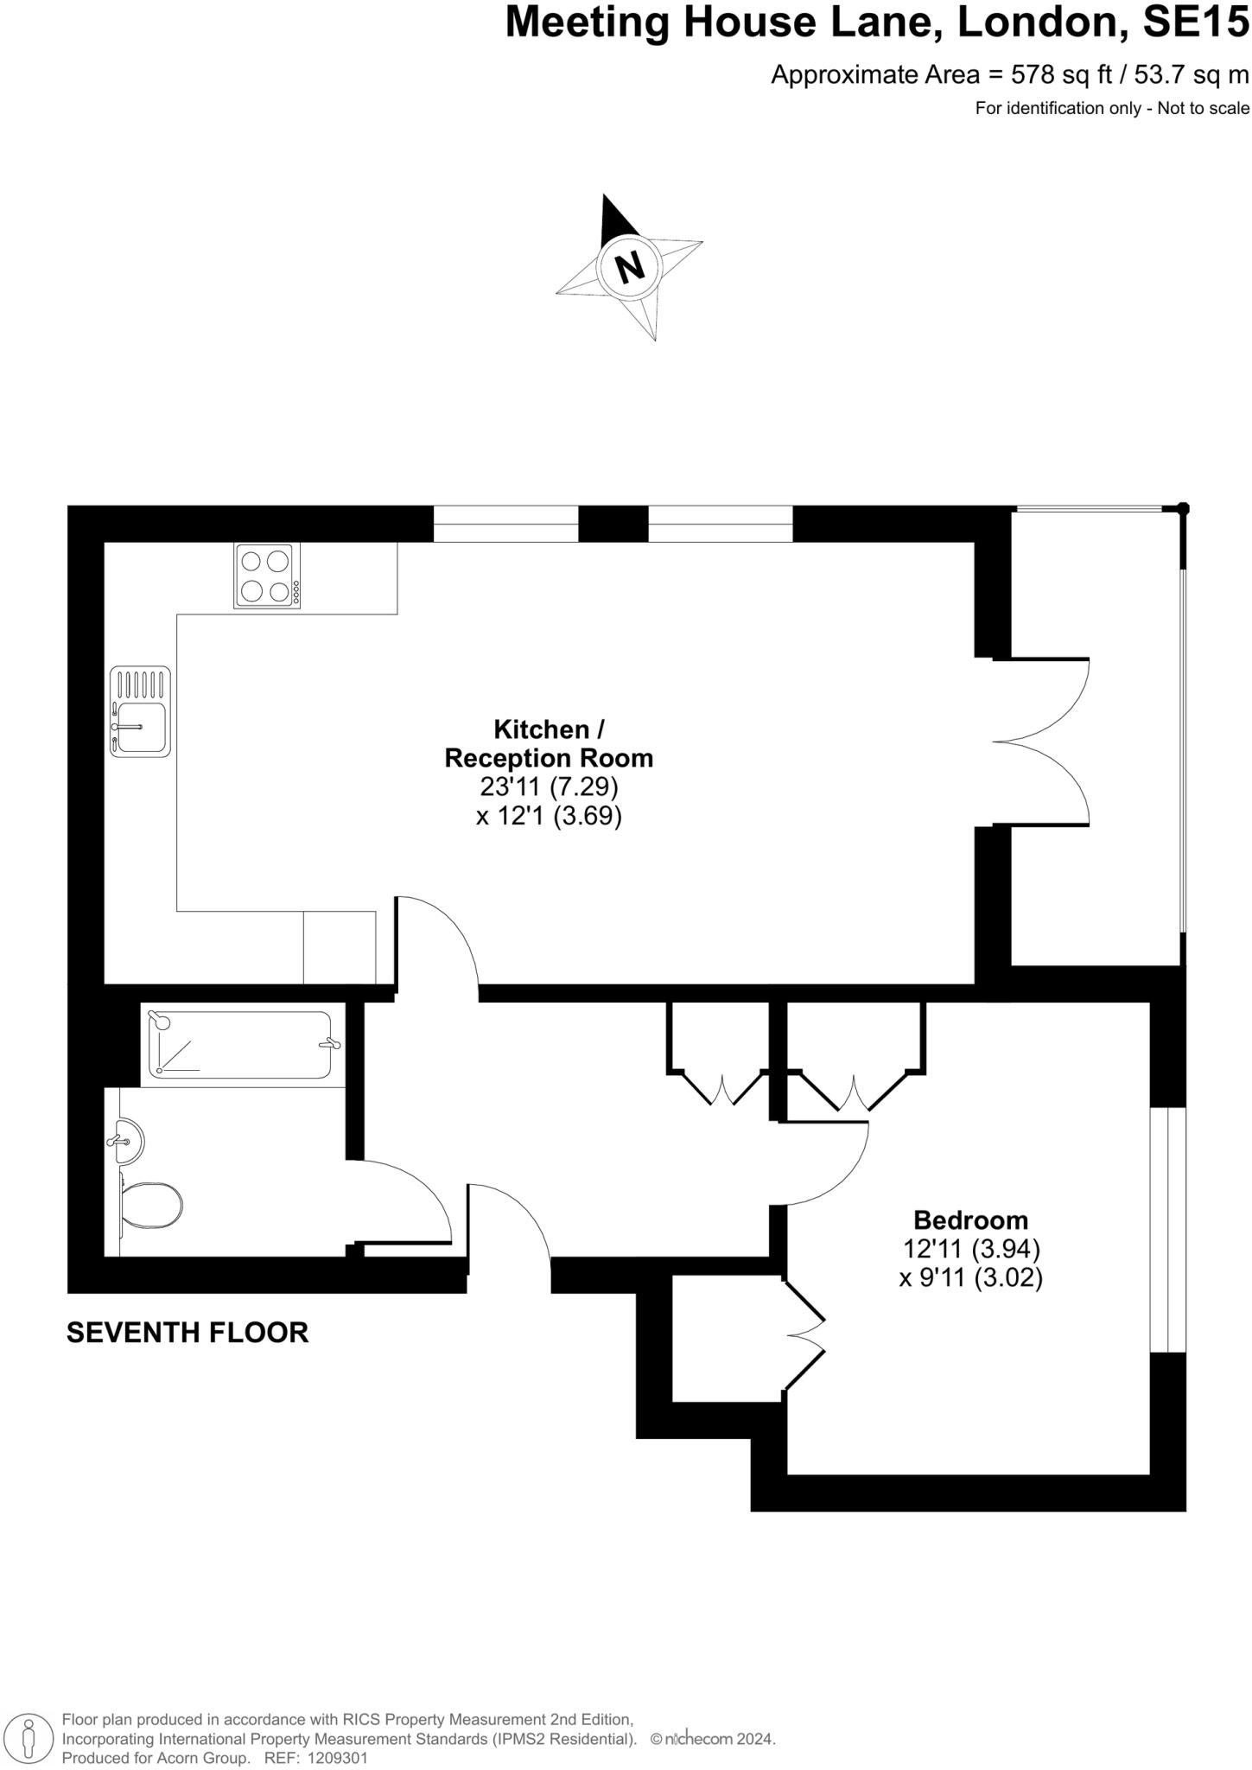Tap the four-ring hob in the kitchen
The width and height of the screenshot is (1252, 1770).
[x=267, y=576]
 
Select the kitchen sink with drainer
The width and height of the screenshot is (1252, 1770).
[x=140, y=711]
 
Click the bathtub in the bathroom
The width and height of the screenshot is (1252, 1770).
[x=239, y=1045]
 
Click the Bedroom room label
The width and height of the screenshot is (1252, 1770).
[x=970, y=1220]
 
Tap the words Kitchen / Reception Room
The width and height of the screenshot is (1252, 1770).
[x=549, y=743]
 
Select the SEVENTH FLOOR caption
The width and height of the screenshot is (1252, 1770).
[x=187, y=1333]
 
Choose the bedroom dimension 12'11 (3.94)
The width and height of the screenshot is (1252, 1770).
[x=970, y=1249]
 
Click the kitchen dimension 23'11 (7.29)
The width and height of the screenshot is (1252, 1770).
[x=549, y=786]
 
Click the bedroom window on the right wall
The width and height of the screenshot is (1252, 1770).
[x=1167, y=1229]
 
